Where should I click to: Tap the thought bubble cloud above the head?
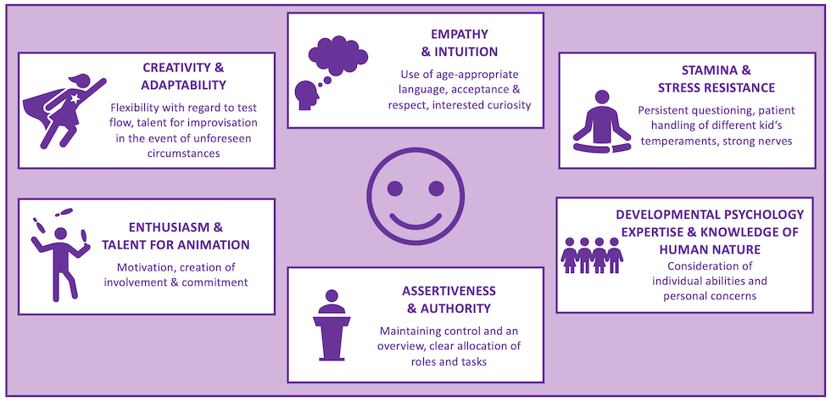click(x=337, y=56)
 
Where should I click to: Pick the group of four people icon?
click(x=592, y=255)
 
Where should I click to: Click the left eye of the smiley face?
click(x=397, y=187)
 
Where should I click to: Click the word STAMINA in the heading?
click(x=683, y=70)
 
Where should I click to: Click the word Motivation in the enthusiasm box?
click(x=148, y=266)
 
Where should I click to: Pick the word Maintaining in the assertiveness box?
click(x=415, y=330)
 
